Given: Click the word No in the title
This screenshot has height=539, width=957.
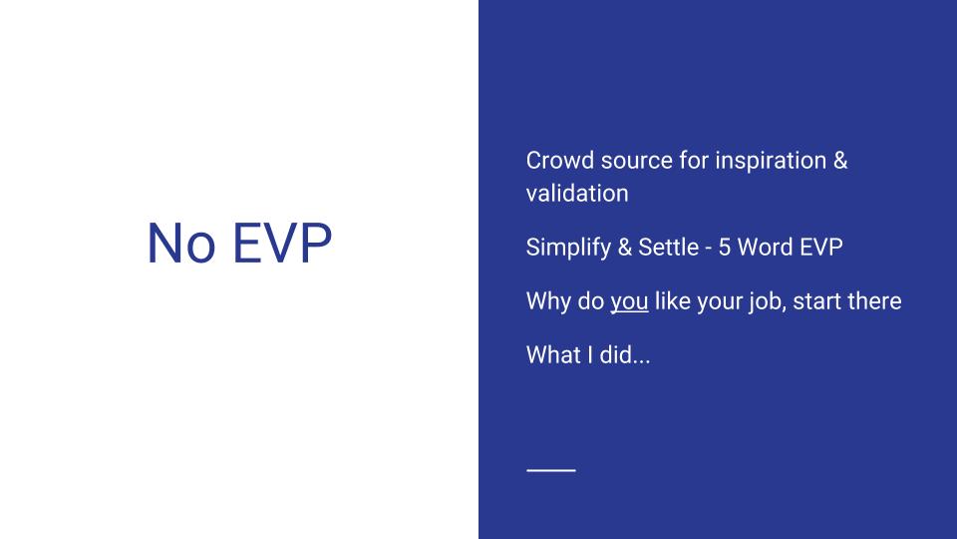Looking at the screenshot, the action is point(181,244).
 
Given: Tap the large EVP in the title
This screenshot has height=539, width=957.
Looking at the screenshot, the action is point(282,244).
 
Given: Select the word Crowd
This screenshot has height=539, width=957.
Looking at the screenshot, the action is point(559,160).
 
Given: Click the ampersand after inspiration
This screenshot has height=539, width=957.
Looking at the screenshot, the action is point(840,160).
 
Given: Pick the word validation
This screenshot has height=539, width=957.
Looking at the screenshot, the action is point(577,193).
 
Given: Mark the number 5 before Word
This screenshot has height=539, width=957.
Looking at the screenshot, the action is point(725,247).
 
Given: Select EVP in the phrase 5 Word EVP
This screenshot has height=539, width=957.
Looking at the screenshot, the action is point(820,247).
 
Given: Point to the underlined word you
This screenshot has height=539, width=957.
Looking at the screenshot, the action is point(629,303).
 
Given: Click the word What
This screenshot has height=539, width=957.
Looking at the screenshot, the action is point(554,354).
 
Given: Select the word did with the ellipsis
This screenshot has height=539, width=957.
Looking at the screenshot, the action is point(625,354).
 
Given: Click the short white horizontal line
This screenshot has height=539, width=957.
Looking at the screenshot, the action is point(551,470).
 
